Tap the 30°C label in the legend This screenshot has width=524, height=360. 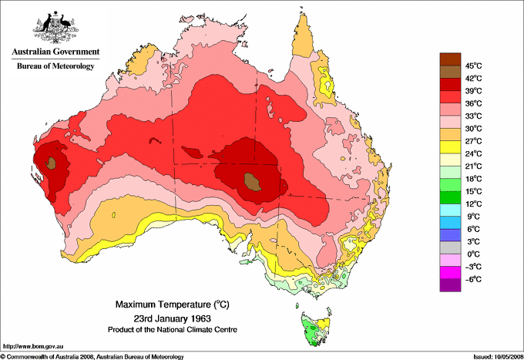pos(472,128)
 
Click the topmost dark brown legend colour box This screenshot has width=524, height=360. pos(449,59)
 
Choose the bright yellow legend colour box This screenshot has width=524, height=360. pos(449,146)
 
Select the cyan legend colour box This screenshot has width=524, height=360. pos(449,210)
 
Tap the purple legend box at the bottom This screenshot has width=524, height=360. pos(449,285)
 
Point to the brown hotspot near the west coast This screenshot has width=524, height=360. pos(52,162)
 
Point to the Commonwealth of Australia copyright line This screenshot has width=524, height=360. pos(92,356)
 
